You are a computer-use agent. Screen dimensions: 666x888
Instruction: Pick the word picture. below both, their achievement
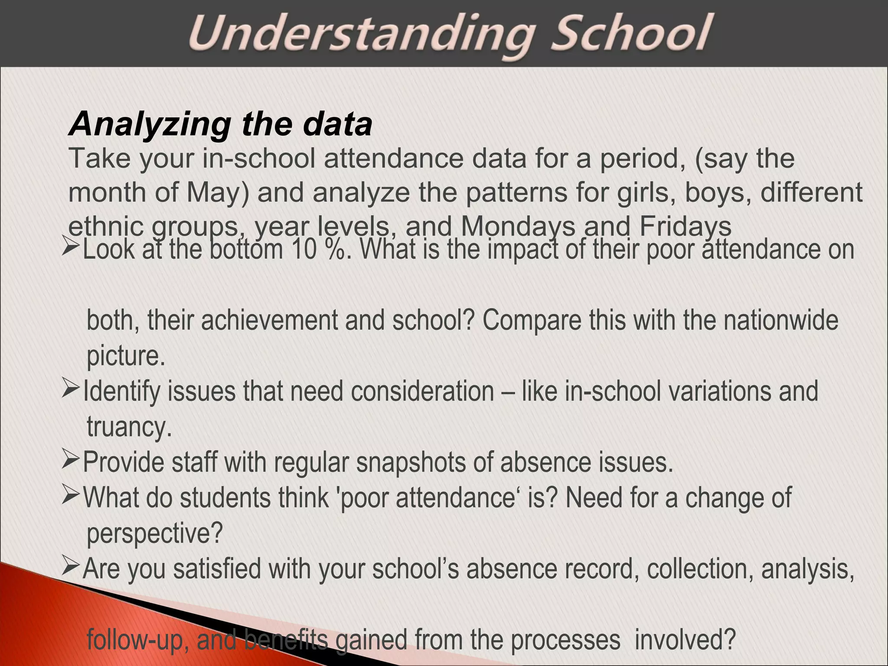[x=126, y=356]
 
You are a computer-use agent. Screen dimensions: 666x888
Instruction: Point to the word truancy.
[x=129, y=428]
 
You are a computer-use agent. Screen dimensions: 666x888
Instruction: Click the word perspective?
[x=154, y=534]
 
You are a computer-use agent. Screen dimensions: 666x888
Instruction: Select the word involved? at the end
[x=685, y=640]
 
